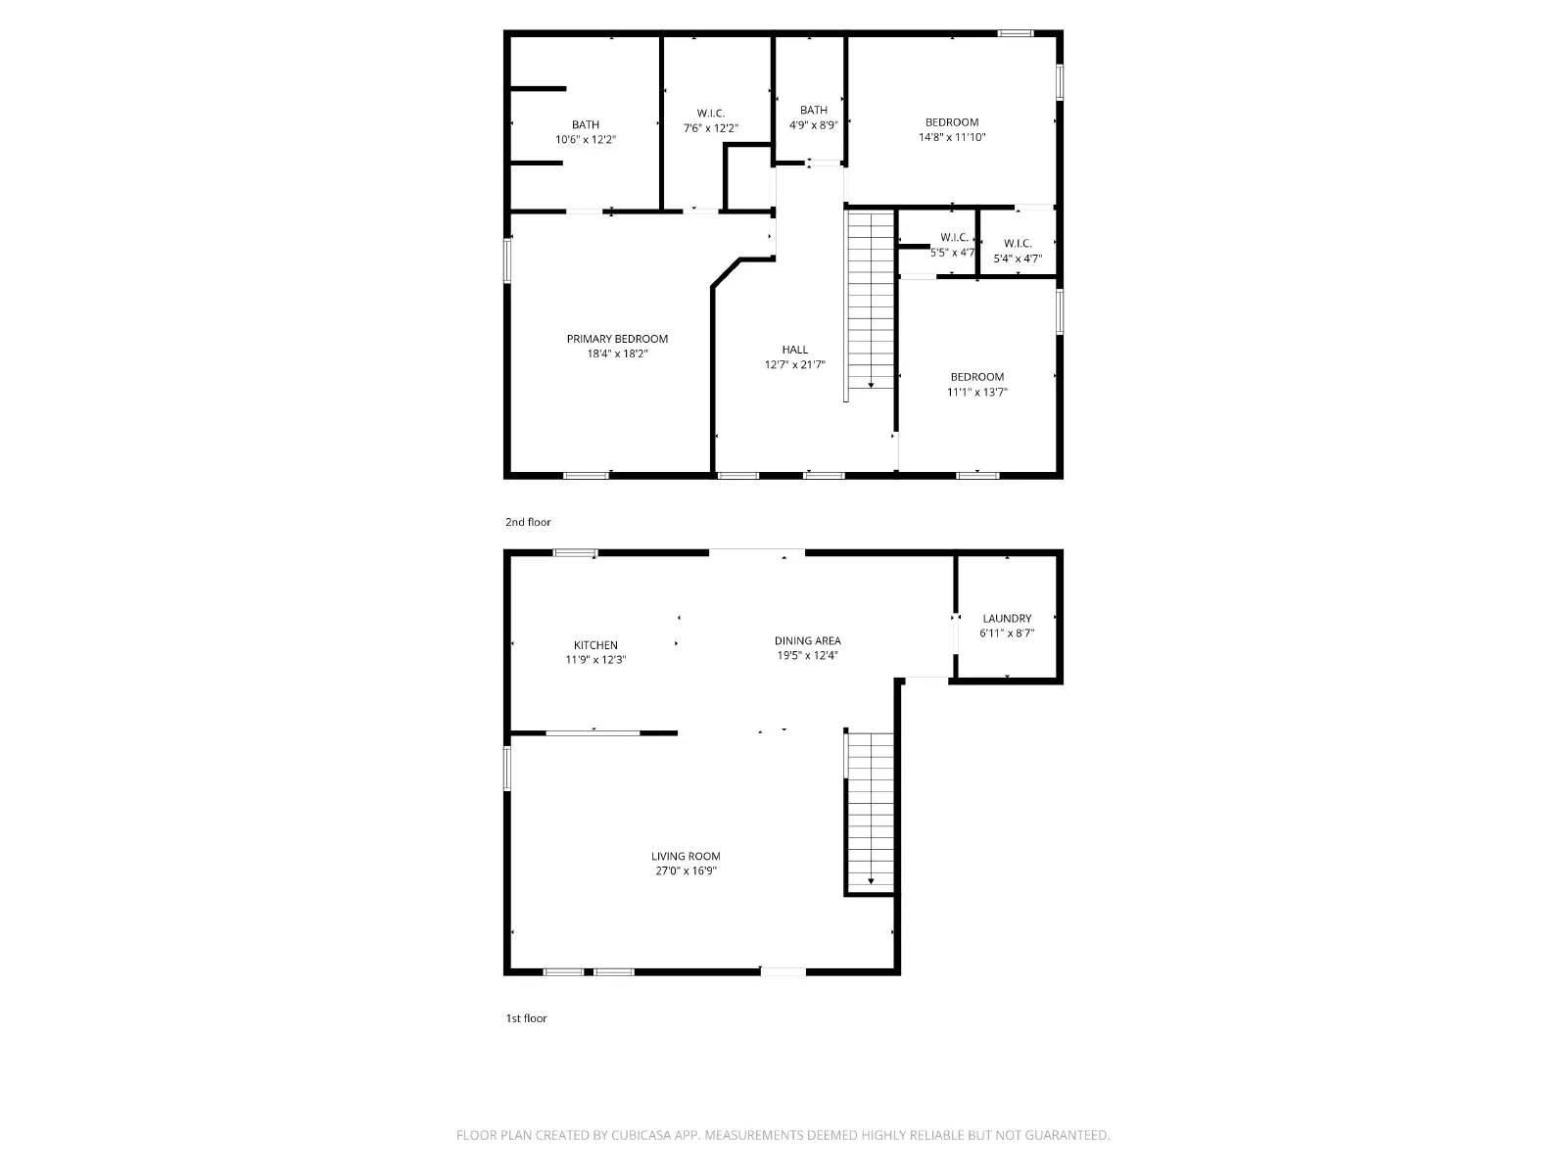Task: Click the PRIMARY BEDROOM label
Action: pos(617,339)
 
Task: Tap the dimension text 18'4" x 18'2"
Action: pos(617,354)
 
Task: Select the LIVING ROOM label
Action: pos(686,856)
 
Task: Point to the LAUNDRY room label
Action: pos(1007,618)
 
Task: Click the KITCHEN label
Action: pos(595,644)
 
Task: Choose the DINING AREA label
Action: pos(807,640)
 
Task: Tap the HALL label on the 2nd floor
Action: pos(794,350)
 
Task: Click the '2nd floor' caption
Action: pos(528,522)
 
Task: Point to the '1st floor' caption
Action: pos(526,1018)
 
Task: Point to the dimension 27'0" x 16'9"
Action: pos(686,871)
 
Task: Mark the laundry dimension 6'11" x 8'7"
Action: pos(1007,634)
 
